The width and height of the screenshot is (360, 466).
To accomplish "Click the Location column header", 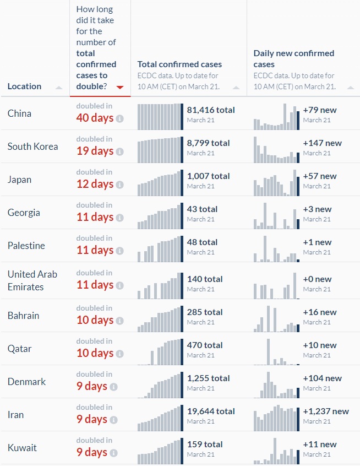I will tap(24, 86).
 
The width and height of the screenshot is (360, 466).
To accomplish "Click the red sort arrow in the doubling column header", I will tap(120, 87).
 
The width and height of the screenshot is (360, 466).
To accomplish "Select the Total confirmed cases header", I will tap(179, 64).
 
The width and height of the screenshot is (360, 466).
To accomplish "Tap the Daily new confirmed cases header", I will tap(293, 59).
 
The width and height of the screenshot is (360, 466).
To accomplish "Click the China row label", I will tap(19, 113).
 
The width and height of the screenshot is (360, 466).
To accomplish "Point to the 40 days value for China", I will tap(95, 118).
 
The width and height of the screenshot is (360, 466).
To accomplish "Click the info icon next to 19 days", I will tap(120, 151).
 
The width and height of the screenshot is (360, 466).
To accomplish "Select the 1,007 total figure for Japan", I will tap(208, 176).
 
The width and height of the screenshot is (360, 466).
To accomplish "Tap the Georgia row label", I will tap(24, 213).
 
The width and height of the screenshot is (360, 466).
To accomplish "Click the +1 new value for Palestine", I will tap(317, 242).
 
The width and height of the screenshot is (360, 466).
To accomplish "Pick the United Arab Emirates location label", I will tap(32, 280).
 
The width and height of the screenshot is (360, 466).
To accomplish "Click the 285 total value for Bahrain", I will tap(205, 312).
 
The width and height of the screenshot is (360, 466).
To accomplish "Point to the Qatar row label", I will tap(20, 349).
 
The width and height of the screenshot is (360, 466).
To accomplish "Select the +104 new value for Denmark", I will tap(322, 378).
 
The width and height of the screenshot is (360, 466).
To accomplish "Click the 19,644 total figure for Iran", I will tap(211, 411).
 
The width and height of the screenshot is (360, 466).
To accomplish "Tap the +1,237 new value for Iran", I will tap(326, 411).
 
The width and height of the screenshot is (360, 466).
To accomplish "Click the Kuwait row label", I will tap(22, 448).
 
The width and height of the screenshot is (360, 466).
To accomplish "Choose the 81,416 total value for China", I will tap(211, 110).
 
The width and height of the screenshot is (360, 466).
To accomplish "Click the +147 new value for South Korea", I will tap(322, 143).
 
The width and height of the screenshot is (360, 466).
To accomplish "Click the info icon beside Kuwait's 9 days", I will tap(113, 453).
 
